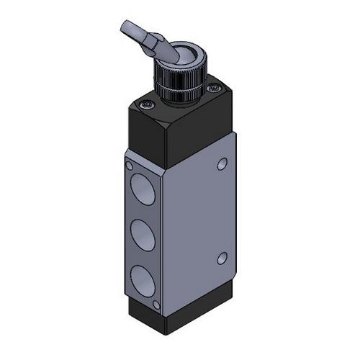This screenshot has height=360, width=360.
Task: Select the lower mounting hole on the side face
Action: pos(220,257)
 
